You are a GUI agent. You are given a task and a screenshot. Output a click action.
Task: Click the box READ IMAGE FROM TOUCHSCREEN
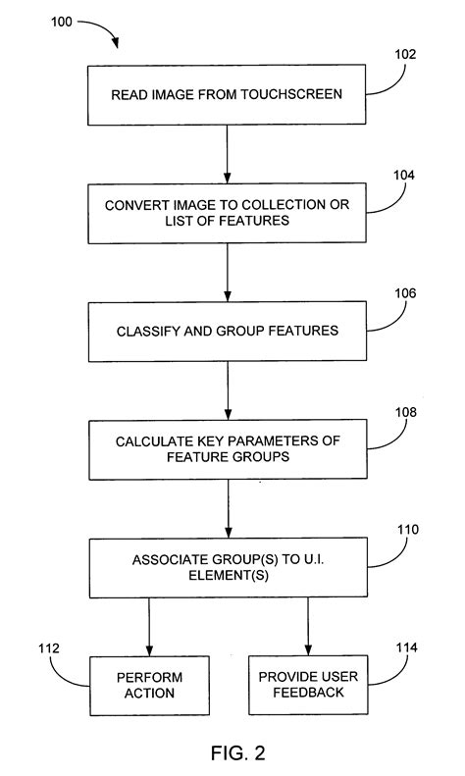point(228,95)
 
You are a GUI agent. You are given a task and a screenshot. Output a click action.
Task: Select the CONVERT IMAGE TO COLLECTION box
point(228,215)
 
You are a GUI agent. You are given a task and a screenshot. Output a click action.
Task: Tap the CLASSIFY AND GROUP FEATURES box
point(228,331)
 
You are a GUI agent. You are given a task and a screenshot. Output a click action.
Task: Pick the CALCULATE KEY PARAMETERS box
point(228,449)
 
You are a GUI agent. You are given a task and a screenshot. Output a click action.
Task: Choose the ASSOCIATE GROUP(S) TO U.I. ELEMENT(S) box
point(228,567)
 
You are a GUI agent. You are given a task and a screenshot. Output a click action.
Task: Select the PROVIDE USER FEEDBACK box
point(307,685)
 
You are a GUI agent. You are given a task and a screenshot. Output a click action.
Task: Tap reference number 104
point(403,176)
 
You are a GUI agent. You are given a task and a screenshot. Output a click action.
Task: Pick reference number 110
point(407,529)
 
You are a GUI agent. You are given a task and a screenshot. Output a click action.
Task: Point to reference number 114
point(406,648)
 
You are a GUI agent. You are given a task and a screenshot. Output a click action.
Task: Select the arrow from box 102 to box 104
point(228,154)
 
